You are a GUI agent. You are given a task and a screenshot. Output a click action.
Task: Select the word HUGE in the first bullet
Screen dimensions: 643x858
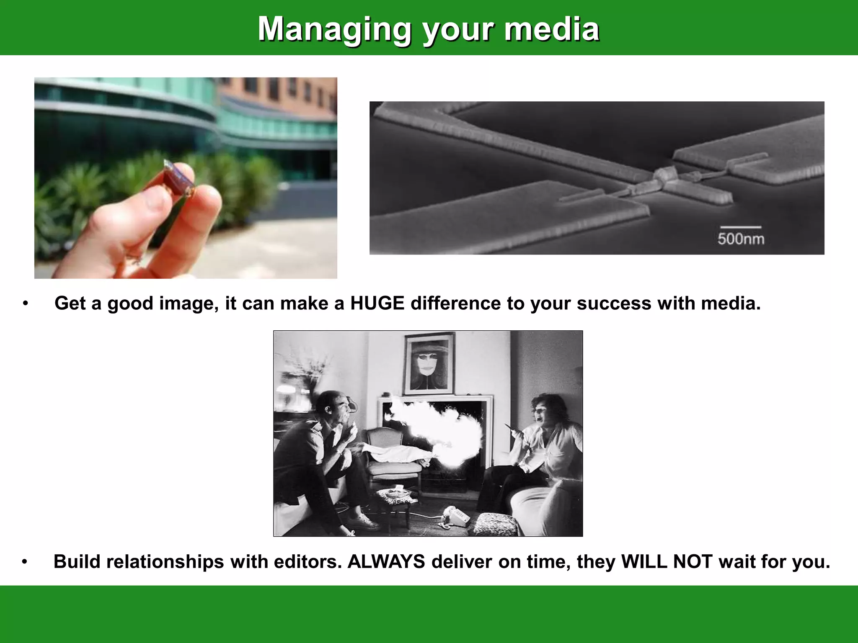coord(377,303)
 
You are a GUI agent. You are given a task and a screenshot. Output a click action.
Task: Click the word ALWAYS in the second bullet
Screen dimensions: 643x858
coord(386,562)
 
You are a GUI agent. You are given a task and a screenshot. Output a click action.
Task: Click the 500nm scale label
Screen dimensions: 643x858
coord(740,239)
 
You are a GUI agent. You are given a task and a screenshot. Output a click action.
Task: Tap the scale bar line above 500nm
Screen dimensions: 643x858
coord(740,227)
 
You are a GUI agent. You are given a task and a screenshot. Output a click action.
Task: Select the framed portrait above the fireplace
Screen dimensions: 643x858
coord(429,363)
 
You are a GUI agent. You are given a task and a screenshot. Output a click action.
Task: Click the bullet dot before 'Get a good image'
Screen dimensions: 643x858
coord(26,303)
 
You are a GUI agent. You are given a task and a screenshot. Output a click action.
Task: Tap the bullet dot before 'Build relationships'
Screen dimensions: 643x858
coord(25,562)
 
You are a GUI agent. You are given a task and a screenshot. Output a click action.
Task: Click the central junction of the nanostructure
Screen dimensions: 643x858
coord(662,176)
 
